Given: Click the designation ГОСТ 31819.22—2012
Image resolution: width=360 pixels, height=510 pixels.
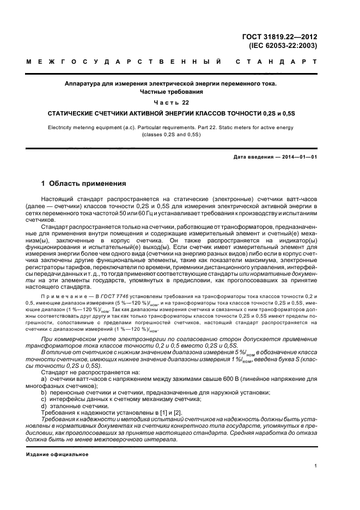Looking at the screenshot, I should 279,37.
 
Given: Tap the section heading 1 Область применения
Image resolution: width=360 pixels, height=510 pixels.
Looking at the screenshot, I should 84,184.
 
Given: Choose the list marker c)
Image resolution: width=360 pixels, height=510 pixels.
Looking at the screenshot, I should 44,399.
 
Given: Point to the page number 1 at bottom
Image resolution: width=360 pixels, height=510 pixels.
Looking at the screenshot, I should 315,466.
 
